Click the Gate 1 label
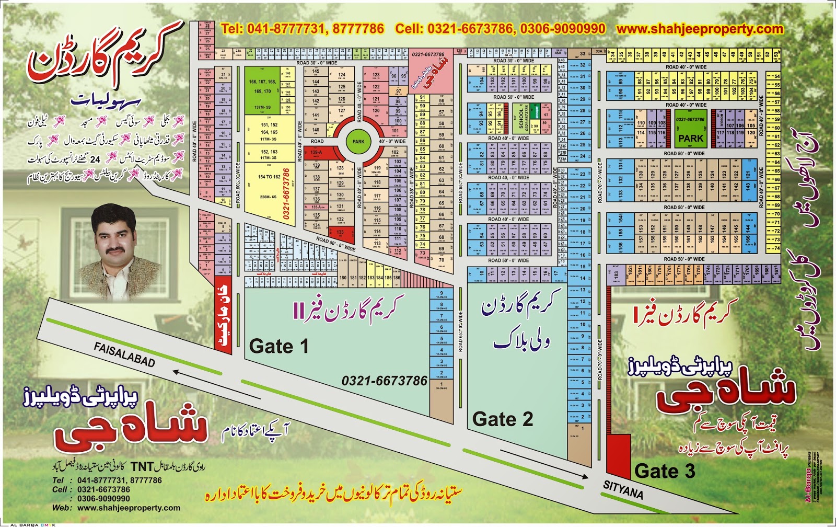278,346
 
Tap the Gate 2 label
502,419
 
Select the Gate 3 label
665,471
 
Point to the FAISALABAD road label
124,354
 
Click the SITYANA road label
623,490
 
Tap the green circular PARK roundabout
358,141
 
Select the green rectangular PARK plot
691,139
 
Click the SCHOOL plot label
521,118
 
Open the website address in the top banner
700,29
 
